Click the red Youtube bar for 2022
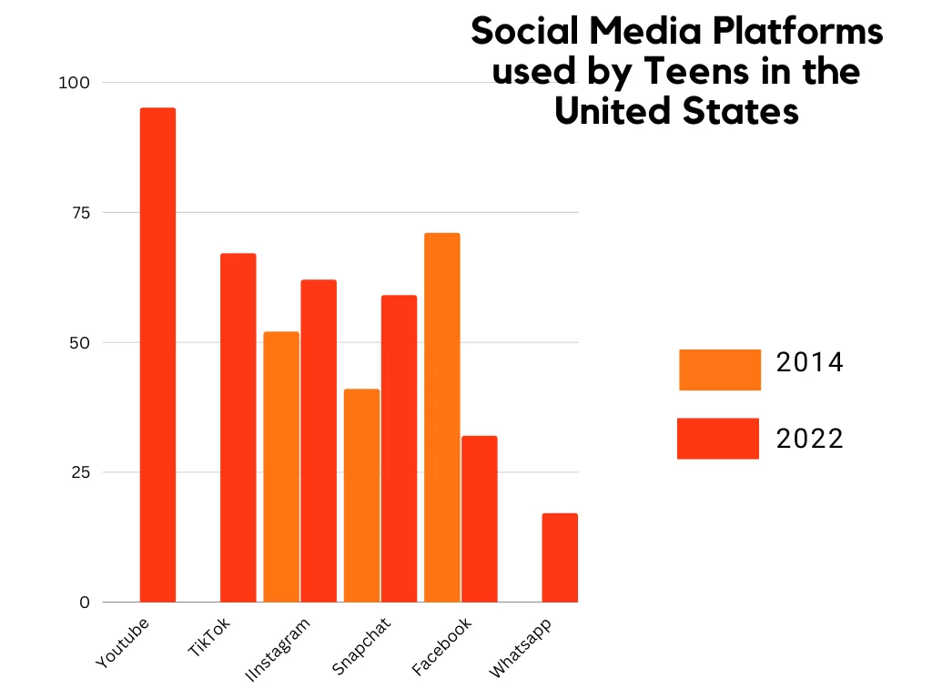pyautogui.click(x=157, y=355)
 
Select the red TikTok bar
pyautogui.click(x=238, y=428)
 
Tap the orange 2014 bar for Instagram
pyautogui.click(x=281, y=467)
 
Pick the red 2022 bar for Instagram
pyautogui.click(x=319, y=441)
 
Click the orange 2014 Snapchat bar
pyautogui.click(x=361, y=496)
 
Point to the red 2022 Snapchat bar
pyautogui.click(x=399, y=449)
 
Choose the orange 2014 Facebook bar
pyautogui.click(x=442, y=418)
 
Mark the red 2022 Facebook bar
pyautogui.click(x=479, y=519)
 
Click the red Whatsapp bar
pyautogui.click(x=560, y=558)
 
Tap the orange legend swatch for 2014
pyautogui.click(x=719, y=370)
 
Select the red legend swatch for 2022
pyautogui.click(x=718, y=439)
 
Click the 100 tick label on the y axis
pyautogui.click(x=76, y=83)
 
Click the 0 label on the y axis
pyautogui.click(x=86, y=603)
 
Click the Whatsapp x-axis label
pyautogui.click(x=521, y=648)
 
